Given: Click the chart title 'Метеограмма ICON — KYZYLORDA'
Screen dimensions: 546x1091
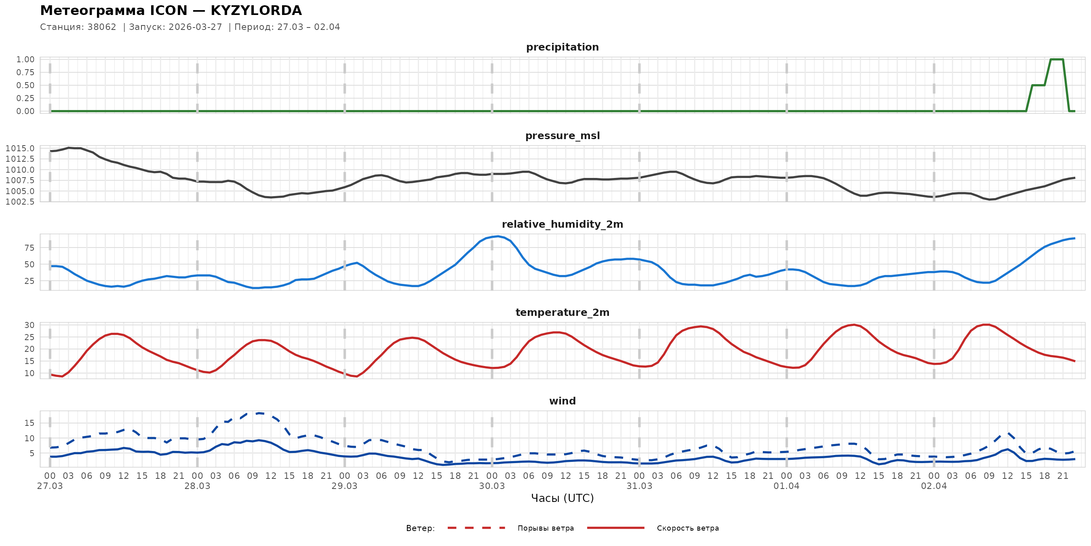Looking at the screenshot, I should coord(171,10).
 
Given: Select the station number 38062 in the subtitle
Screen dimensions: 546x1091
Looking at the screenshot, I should coord(102,27).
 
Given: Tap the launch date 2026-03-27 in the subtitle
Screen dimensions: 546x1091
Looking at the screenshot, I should coord(195,27).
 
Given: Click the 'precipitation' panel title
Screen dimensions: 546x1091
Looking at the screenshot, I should coord(562,47).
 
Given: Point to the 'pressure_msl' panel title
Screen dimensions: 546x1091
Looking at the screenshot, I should coord(562,135).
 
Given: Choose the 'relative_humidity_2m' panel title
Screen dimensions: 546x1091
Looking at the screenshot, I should coord(562,224).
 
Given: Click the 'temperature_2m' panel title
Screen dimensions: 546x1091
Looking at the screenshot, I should coord(562,312).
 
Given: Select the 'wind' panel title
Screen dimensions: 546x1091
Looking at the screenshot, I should coord(562,401).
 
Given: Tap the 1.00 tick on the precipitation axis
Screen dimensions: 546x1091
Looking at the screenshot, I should coord(25,59).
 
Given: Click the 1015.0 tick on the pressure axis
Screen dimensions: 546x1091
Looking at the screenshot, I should coord(20,148).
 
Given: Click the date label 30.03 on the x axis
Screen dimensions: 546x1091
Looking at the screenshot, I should coord(492,486).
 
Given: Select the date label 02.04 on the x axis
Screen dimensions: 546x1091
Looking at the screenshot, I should coord(933,486).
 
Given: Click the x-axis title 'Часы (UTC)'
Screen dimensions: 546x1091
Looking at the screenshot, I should coord(562,498).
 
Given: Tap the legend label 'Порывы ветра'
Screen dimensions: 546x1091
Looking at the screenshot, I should coord(545,528).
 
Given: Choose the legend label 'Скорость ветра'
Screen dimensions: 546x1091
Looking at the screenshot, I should coord(687,528).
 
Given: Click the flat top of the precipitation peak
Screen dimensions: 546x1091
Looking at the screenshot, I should coord(1057,59).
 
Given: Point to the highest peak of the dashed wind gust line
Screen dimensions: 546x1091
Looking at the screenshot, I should coord(258,413).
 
